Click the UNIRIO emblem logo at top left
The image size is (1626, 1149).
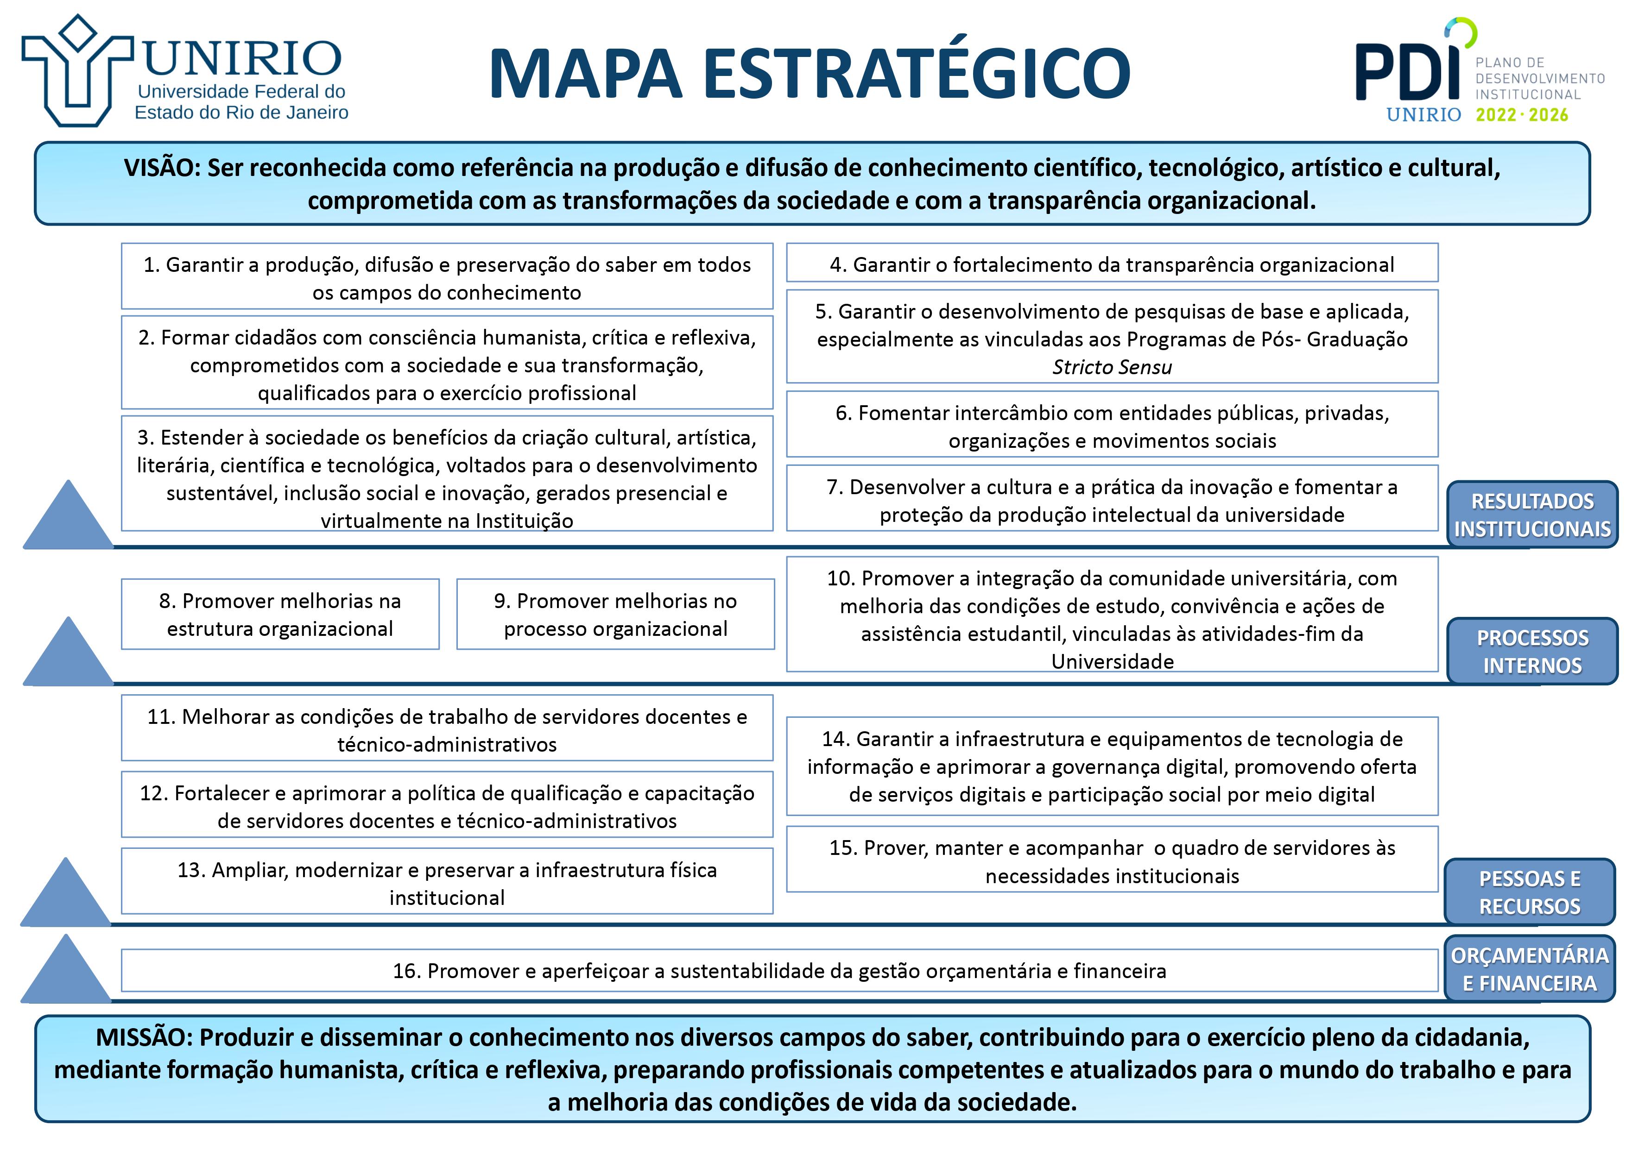76,71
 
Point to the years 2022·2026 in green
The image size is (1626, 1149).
1521,115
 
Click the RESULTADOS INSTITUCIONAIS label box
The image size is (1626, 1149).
1532,515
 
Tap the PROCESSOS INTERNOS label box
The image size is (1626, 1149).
1532,651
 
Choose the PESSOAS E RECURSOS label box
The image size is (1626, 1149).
1529,892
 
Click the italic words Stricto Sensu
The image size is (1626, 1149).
1111,367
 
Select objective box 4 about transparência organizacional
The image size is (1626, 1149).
1111,264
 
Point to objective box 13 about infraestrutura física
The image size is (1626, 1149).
447,883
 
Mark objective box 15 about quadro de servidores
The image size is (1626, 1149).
1111,861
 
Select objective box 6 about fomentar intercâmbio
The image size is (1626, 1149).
1111,426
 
